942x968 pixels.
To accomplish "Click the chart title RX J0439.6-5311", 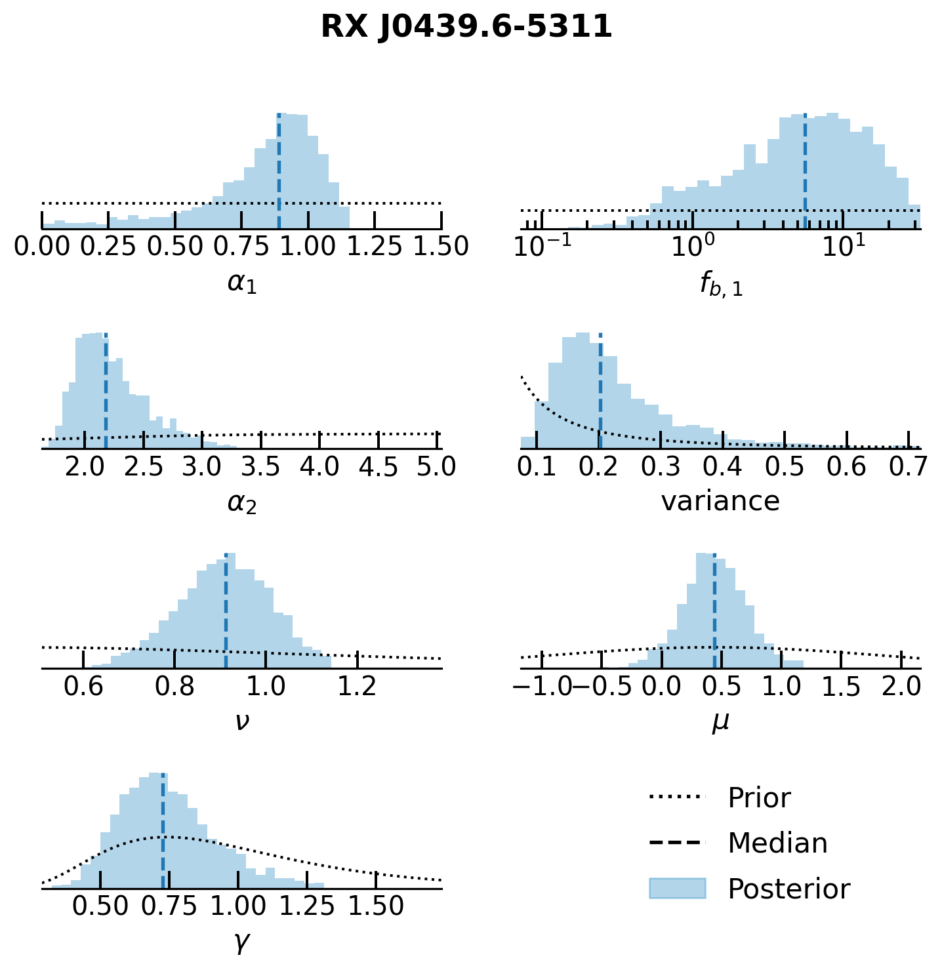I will coord(466,28).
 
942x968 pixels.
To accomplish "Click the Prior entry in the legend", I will coord(759,798).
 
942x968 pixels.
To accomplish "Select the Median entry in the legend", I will coord(777,843).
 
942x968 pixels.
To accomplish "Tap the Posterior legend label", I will coord(788,889).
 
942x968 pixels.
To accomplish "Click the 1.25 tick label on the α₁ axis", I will coord(374,247).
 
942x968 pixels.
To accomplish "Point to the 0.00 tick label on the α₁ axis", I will coord(43,247).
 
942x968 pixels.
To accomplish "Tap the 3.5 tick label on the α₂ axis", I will coord(261,467).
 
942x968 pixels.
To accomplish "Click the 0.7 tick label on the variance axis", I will coord(909,467).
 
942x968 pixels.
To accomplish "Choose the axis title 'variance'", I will coord(720,502).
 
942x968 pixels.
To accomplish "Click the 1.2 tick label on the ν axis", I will coord(357,687).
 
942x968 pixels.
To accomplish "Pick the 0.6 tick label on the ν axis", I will coord(83,687).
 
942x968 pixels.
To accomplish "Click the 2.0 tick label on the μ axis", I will coord(901,687).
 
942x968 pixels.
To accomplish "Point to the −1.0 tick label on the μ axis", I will coord(542,687).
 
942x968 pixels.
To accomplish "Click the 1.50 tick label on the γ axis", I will coord(376,906).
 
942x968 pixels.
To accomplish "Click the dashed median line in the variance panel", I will coord(600,393).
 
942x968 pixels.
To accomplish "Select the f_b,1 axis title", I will coord(721,285).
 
